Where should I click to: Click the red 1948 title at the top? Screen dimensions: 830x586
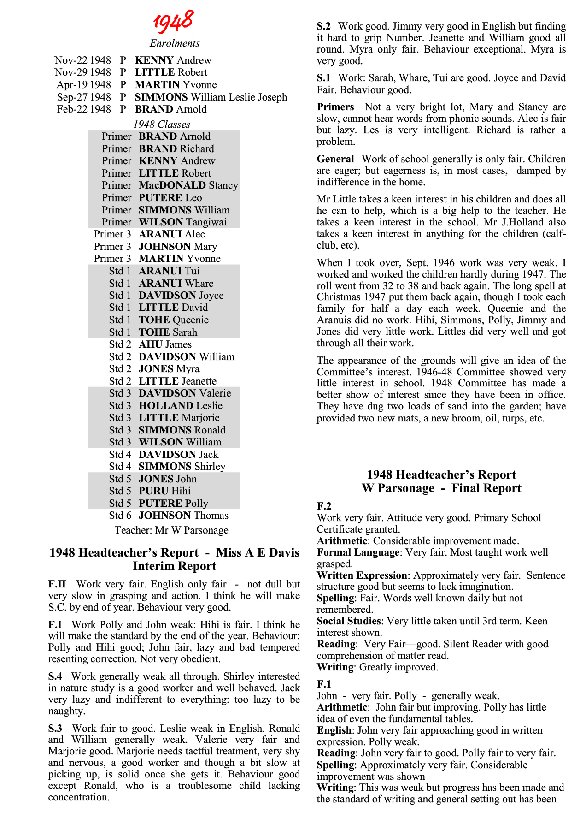click(173, 21)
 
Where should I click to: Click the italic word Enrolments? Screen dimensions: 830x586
click(175, 43)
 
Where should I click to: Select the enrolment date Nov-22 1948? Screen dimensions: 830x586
click(82, 60)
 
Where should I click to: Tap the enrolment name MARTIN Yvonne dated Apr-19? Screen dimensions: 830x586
click(176, 85)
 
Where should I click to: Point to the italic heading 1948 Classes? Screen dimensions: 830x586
click(162, 125)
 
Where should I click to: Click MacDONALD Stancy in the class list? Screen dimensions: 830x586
click(188, 185)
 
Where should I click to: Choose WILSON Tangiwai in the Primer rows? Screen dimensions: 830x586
click(182, 222)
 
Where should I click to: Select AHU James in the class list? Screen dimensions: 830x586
click(165, 344)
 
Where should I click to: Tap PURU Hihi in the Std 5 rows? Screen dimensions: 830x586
click(164, 491)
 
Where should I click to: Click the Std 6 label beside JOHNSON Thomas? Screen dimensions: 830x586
click(120, 516)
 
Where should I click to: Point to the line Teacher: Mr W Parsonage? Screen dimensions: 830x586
click(171, 530)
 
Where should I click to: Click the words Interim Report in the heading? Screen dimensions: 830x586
click(174, 566)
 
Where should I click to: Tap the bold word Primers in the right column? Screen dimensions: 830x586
click(335, 107)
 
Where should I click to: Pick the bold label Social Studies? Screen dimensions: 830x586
click(349, 621)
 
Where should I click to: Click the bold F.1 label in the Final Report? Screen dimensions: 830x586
click(324, 684)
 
